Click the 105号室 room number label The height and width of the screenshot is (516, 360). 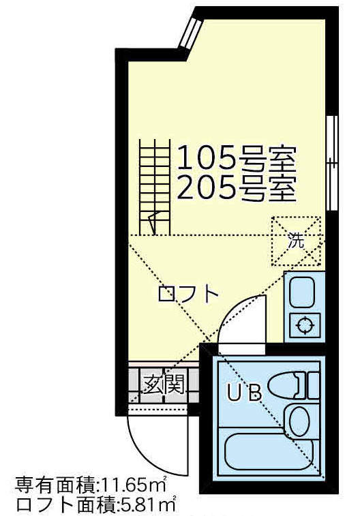coord(237,158)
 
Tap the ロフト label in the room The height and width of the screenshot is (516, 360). coord(188,294)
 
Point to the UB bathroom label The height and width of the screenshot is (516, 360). coord(243,393)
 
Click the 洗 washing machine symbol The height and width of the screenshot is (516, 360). coord(296,240)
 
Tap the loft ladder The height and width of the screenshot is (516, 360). coord(155,185)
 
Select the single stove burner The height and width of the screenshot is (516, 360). coord(303,324)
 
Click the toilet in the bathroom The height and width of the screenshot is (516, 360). coord(295,386)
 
